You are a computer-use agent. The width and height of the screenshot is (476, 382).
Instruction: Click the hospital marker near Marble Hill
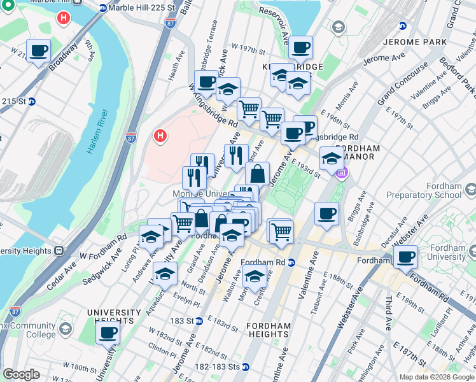click(x=64, y=18)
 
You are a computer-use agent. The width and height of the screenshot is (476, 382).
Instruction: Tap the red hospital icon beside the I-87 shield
click(x=160, y=136)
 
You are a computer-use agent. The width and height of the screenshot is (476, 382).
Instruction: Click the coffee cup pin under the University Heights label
click(x=108, y=332)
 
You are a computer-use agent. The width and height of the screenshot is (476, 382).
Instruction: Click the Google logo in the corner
click(x=21, y=374)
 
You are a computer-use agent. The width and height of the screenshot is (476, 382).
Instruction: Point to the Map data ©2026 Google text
click(x=436, y=377)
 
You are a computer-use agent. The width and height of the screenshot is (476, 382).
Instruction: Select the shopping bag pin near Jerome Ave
click(x=258, y=173)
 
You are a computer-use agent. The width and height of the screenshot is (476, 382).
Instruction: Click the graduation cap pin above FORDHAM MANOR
click(x=332, y=158)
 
